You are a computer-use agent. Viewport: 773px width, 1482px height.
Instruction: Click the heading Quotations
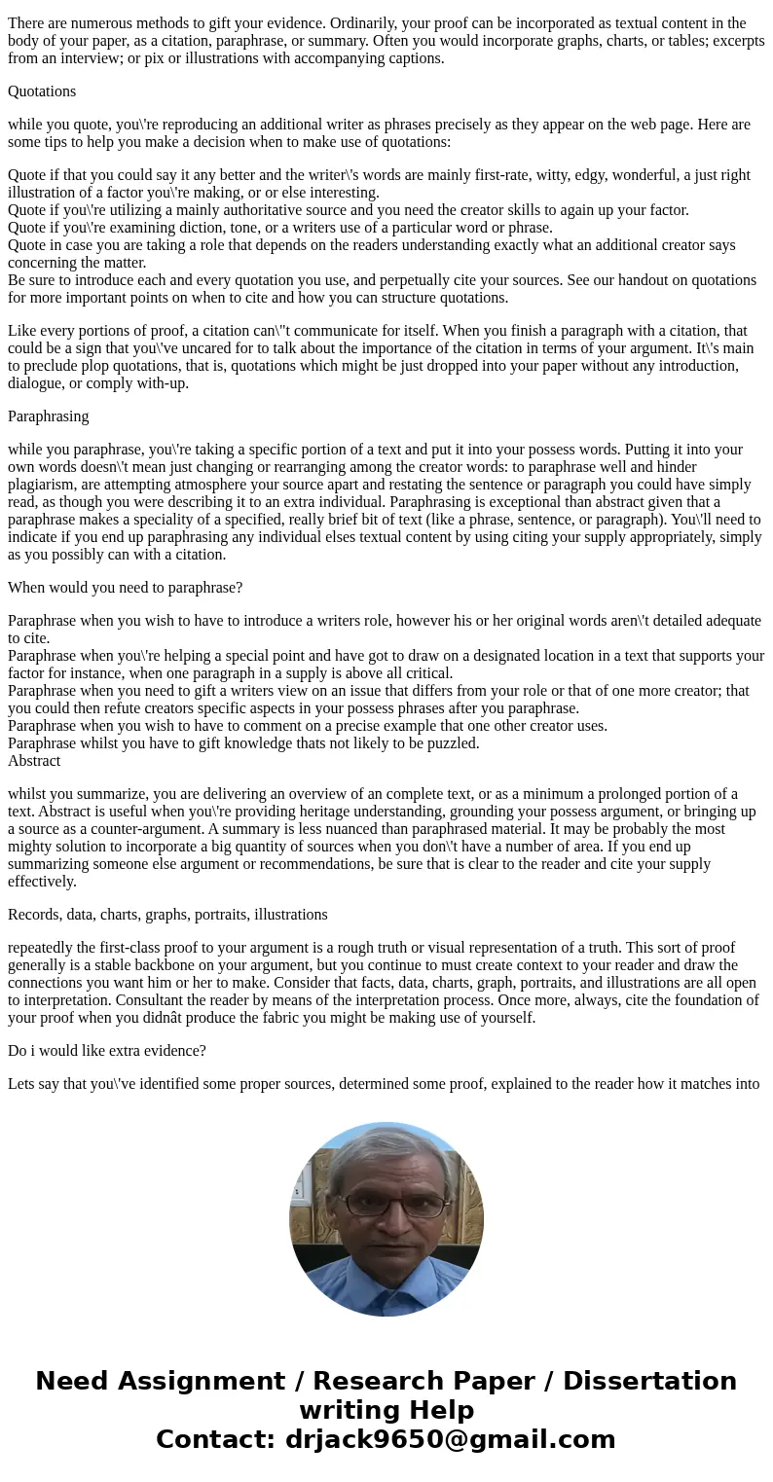pos(42,91)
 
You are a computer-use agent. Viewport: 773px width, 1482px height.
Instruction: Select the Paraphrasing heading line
pos(49,416)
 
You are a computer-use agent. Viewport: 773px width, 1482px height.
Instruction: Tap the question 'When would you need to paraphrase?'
pos(125,588)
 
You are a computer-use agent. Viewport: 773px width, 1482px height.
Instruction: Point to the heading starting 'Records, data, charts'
pos(167,915)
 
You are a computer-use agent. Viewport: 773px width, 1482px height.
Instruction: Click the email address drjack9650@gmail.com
pos(450,1440)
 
